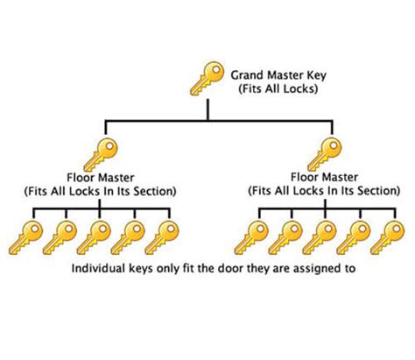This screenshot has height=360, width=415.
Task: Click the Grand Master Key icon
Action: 207,78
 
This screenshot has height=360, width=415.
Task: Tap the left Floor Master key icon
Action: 101,154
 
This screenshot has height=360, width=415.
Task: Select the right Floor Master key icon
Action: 325,154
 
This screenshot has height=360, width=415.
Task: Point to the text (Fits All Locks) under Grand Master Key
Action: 278,88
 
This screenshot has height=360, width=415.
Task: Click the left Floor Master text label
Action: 101,178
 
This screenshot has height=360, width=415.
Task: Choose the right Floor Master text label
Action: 324,177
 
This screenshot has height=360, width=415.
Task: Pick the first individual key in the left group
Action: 25,237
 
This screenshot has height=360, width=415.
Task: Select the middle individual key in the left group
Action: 94,237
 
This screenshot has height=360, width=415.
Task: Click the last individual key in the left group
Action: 162,237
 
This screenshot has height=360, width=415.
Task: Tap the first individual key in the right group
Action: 251,237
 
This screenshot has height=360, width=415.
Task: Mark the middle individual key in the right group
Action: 320,237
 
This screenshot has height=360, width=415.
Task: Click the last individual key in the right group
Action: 388,237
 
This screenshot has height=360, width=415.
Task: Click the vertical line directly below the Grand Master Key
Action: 207,109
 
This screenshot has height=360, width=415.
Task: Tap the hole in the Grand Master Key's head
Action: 216,70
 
